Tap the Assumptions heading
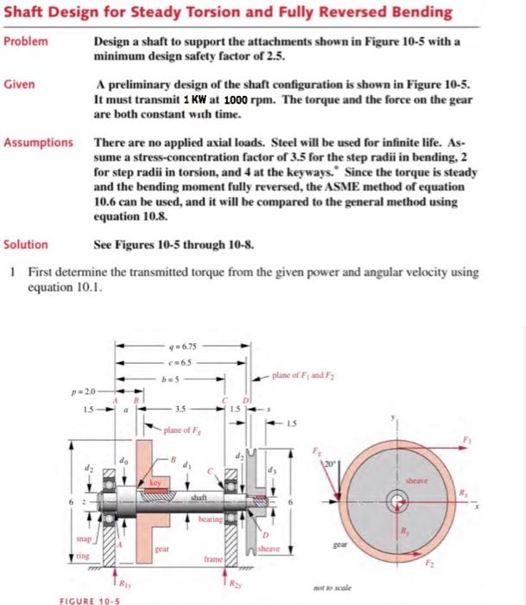pos(39,142)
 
